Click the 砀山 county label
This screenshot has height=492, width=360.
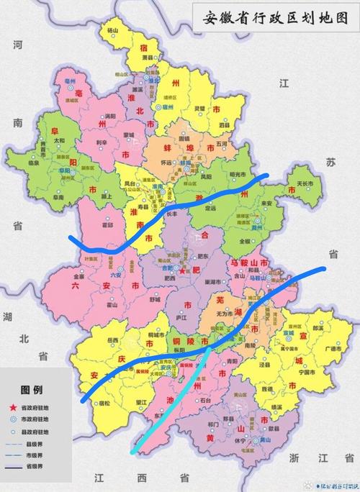point(112,31)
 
